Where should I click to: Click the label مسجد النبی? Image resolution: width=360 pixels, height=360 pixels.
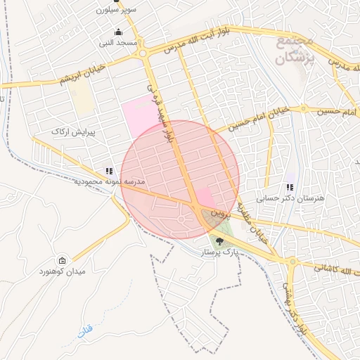tap(117, 43)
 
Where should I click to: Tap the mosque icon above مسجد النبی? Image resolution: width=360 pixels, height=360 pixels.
tap(117, 32)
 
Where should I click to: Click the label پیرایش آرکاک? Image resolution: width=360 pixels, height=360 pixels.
tap(69, 132)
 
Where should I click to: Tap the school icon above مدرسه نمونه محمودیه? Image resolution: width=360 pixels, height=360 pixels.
tap(108, 170)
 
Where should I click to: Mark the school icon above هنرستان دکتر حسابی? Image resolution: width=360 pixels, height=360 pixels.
tap(289, 187)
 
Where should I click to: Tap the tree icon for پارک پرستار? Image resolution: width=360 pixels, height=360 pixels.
tap(220, 241)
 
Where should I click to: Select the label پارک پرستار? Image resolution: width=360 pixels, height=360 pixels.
tap(219, 251)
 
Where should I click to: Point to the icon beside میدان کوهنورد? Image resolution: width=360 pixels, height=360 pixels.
tap(62, 260)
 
